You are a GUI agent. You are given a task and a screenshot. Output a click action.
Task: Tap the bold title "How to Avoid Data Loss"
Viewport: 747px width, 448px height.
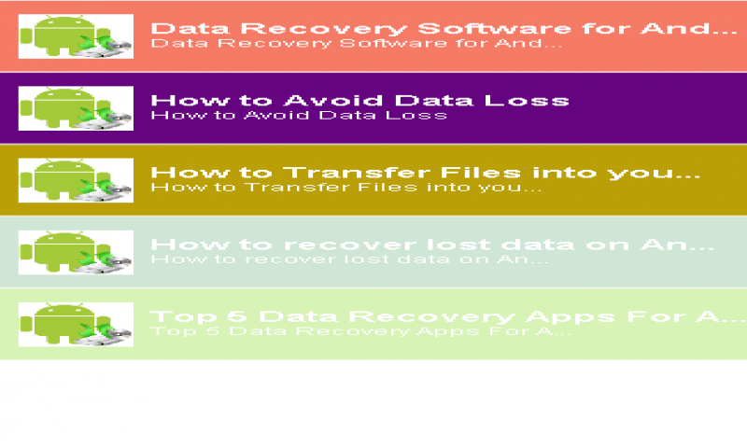[x=359, y=100]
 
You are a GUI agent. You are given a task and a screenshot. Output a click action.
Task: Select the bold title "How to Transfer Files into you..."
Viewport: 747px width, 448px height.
[x=425, y=173]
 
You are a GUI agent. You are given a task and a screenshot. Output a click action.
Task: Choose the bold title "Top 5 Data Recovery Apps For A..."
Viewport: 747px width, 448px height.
[x=434, y=316]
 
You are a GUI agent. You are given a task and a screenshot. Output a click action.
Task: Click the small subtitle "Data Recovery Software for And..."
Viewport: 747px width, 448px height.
[x=356, y=43]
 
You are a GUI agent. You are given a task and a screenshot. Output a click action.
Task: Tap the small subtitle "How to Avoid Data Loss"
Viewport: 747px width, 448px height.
[x=299, y=115]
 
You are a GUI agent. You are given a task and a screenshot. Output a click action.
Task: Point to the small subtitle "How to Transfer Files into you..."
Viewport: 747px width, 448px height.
[x=345, y=187]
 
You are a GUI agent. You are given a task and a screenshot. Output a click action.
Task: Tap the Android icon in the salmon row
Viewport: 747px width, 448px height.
[x=76, y=36]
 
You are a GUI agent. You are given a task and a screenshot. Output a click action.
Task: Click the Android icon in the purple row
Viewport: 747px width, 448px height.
[x=76, y=108]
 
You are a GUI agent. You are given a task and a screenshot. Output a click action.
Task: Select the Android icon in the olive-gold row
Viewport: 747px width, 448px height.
[x=76, y=180]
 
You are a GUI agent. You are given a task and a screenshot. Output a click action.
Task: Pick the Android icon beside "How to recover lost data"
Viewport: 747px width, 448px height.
[x=76, y=252]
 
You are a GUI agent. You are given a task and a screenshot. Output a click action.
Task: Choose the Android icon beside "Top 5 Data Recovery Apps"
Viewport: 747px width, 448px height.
[x=76, y=324]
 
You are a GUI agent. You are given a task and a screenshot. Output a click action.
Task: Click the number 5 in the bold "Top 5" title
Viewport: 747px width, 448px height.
[x=211, y=316]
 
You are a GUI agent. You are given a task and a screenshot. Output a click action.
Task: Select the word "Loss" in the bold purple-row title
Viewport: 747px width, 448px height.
[x=533, y=100]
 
